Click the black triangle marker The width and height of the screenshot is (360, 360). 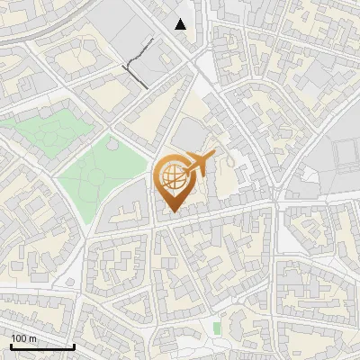point(181,24)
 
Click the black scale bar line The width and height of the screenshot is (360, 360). point(42,346)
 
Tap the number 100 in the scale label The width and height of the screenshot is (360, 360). point(21,338)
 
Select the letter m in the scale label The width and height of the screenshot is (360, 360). point(32,338)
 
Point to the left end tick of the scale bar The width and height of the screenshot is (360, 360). point(11,345)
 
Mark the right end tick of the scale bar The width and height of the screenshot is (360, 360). point(74,345)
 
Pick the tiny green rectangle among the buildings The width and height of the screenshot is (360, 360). point(217,328)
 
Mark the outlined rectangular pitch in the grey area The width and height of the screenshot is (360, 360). point(346,158)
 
